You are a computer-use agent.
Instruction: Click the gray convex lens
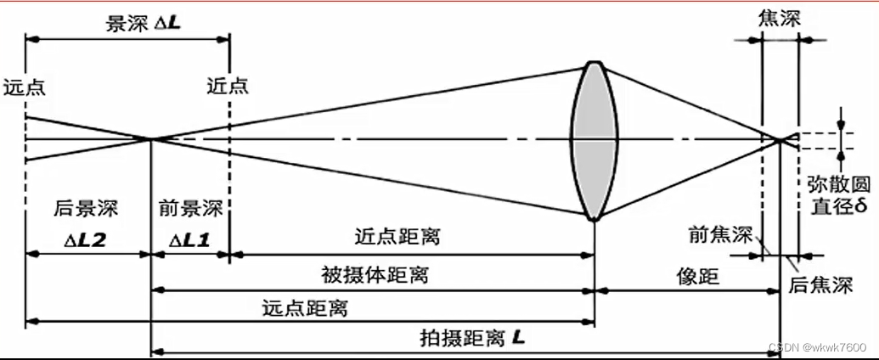[593, 141]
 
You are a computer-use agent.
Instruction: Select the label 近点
[227, 87]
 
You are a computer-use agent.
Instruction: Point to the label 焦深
[780, 18]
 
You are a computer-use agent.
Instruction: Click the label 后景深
[86, 208]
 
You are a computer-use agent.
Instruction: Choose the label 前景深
[190, 208]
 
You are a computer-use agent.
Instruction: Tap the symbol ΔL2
[86, 240]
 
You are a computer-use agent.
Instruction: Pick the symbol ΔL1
[190, 240]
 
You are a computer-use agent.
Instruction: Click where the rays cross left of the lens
[151, 138]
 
